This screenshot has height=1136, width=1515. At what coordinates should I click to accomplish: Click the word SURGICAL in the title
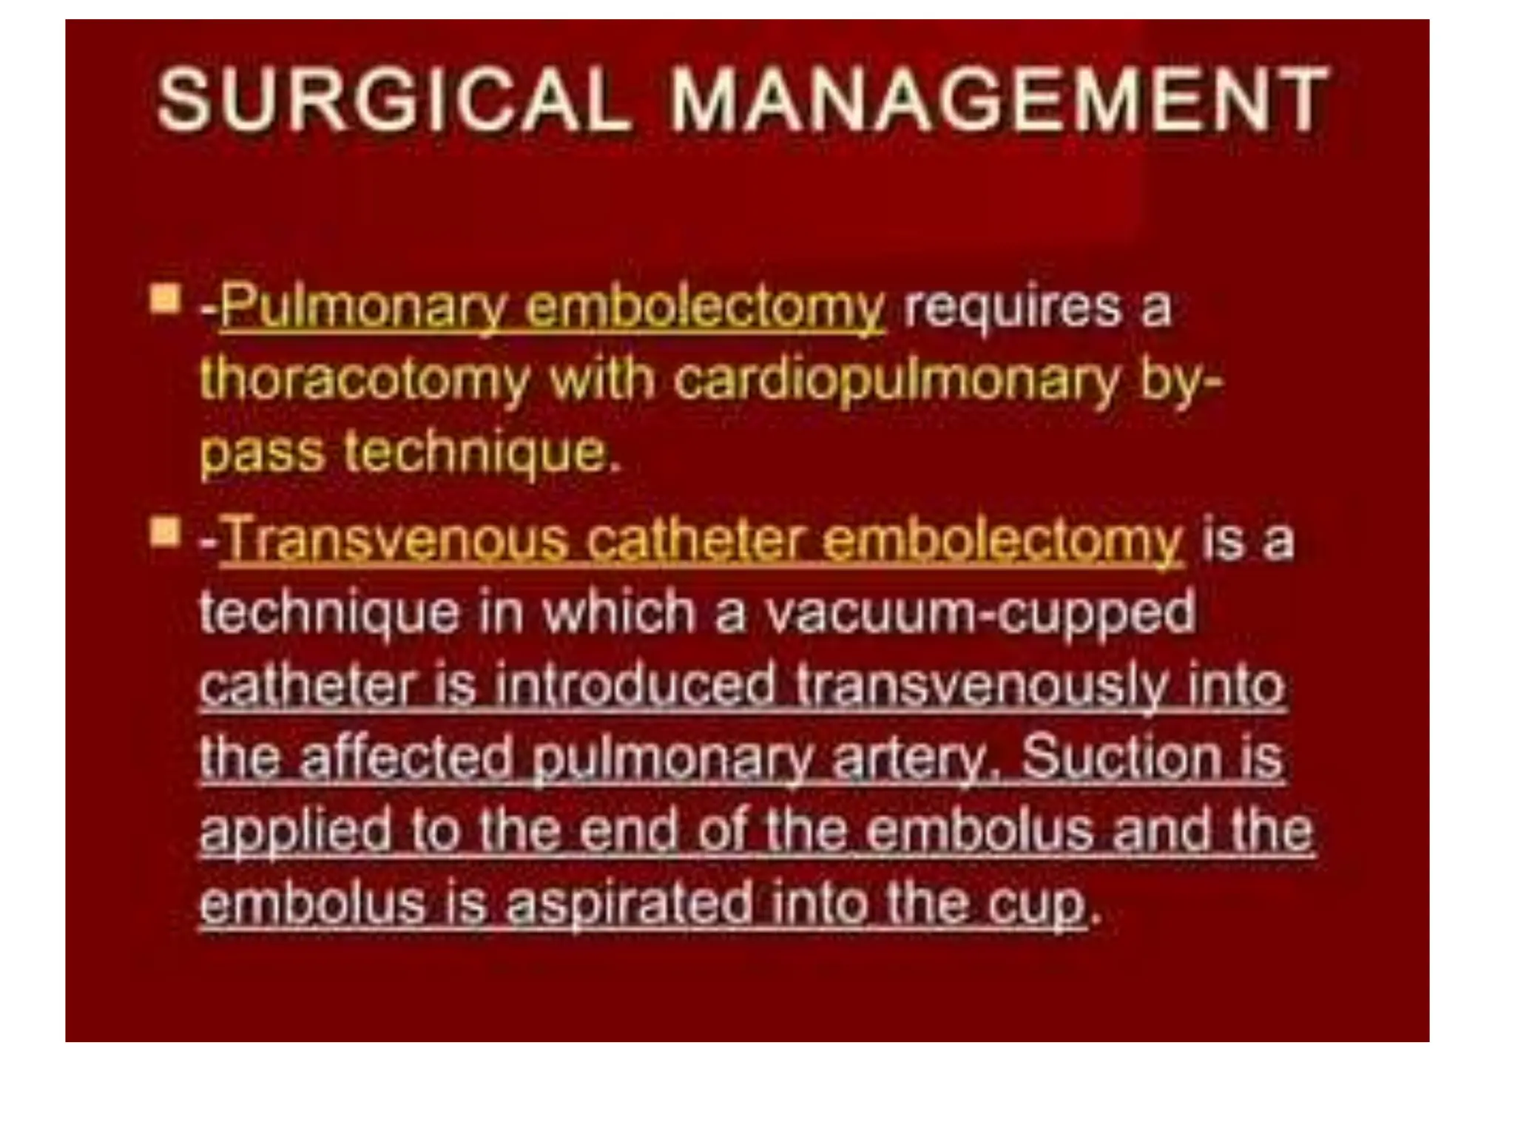tap(393, 100)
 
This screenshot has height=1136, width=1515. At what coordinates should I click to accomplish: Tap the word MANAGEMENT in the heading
tap(998, 100)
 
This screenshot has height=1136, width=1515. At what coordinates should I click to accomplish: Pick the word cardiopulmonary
tap(896, 382)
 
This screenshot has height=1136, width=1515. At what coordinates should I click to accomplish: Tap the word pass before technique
tap(262, 453)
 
